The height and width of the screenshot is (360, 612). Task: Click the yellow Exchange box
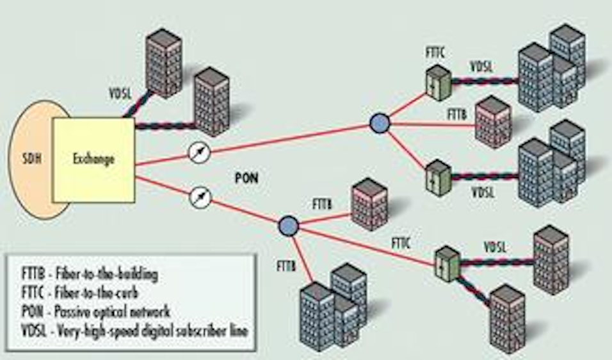93,159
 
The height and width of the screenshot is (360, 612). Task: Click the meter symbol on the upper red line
200,152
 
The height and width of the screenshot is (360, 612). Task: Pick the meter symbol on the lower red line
200,197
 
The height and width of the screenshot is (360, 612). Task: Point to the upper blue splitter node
380,123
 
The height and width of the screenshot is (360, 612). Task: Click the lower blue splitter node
288,225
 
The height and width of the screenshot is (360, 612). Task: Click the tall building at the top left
163,62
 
